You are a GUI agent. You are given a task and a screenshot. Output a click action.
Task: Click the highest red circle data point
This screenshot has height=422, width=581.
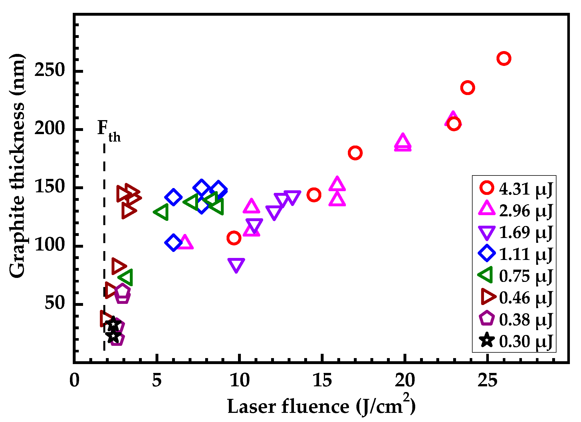(x=504, y=58)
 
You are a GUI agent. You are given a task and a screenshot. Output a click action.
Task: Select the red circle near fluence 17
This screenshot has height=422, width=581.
(x=355, y=153)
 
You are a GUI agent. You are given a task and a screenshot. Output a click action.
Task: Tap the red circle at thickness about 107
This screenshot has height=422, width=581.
(x=234, y=238)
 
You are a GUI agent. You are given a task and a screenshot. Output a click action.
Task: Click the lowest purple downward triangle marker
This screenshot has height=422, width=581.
(x=236, y=265)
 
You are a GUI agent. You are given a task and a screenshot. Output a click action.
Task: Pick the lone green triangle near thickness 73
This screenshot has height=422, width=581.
(x=126, y=277)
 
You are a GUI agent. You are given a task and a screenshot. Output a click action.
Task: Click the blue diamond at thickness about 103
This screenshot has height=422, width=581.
(x=173, y=243)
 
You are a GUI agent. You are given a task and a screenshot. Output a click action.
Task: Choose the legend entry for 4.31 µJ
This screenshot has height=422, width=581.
(x=515, y=189)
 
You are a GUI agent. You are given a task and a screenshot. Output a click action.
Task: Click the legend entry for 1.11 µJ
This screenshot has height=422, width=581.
(x=515, y=254)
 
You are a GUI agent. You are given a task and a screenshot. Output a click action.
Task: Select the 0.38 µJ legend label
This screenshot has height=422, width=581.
(x=526, y=320)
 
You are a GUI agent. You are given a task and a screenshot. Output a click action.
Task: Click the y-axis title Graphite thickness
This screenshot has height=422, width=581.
(x=17, y=165)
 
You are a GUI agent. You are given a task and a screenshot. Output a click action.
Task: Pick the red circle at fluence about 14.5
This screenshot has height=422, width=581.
(x=314, y=195)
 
